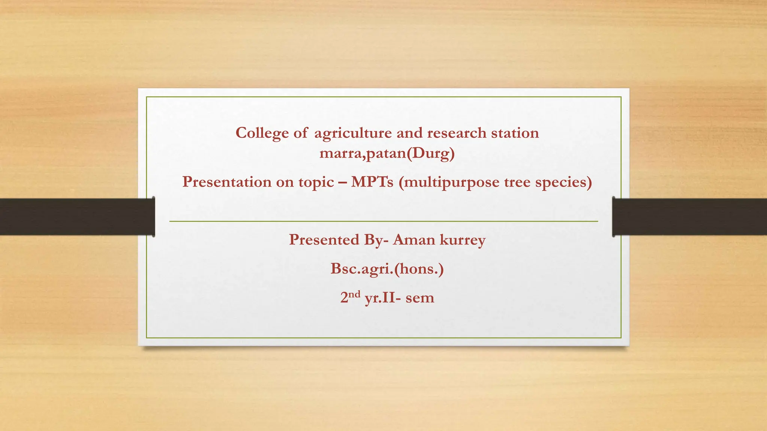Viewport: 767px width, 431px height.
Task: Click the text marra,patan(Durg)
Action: point(387,153)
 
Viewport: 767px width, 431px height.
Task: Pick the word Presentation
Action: point(221,182)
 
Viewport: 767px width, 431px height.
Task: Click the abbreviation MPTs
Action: point(372,182)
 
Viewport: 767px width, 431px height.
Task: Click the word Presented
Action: point(324,239)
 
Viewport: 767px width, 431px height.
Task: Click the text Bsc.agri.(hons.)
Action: point(387,269)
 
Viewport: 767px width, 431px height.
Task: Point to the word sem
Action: point(420,298)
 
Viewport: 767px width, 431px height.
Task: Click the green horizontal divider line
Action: point(383,221)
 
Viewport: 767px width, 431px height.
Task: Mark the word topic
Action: point(316,183)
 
